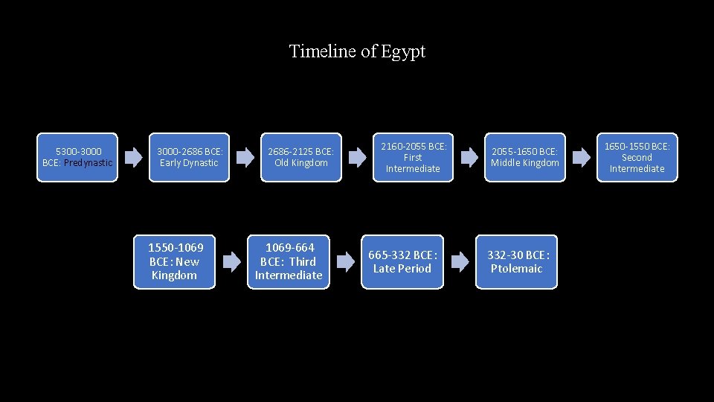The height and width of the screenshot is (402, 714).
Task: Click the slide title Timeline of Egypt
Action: pos(357,51)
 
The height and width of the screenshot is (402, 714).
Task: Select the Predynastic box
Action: pos(77,157)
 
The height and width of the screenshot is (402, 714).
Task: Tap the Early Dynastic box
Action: pos(190,157)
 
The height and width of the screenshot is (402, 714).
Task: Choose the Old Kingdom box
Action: pos(301,157)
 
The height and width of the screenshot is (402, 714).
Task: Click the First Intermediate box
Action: pos(413,157)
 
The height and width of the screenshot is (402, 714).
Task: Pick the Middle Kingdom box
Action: pos(525,157)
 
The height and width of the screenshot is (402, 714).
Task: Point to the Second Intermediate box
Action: pos(637,157)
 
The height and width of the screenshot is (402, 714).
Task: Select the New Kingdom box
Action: pos(174,261)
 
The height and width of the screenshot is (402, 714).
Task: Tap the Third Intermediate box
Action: pos(289,261)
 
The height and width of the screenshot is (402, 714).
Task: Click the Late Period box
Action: pos(402,261)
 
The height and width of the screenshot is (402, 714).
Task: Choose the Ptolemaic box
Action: pos(516,261)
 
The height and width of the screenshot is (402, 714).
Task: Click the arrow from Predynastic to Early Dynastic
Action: pos(134,157)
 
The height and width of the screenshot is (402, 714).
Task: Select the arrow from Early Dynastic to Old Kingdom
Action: pos(245,157)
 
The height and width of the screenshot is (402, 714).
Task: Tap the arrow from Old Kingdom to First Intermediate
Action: pos(358,157)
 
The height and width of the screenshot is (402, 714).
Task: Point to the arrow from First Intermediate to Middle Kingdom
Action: pos(469,157)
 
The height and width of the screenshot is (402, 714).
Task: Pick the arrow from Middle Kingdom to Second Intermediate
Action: pos(581,157)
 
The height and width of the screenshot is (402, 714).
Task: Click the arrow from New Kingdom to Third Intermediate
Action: pos(232,261)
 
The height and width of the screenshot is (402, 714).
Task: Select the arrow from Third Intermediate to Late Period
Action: pos(346,261)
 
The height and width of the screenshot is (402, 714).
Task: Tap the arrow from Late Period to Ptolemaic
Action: pos(460,261)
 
